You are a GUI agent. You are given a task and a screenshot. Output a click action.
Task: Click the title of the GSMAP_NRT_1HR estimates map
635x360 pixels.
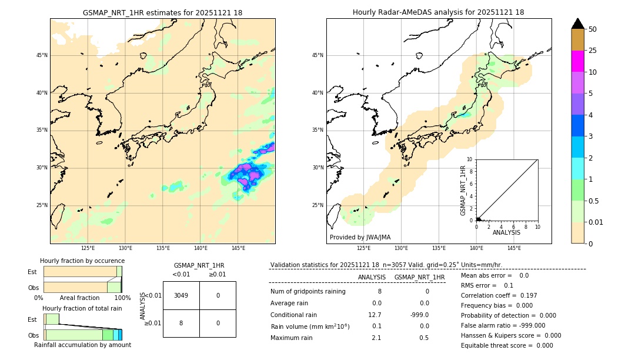click(162, 12)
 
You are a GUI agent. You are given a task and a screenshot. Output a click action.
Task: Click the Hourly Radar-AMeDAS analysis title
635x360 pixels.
click(438, 12)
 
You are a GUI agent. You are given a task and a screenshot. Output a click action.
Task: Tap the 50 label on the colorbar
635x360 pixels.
click(593, 29)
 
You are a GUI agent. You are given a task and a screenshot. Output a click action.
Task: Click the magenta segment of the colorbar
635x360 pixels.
click(577, 61)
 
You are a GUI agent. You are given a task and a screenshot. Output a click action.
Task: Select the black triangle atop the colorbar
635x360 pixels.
click(577, 24)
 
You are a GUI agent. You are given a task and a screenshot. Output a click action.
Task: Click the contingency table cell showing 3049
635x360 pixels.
click(181, 295)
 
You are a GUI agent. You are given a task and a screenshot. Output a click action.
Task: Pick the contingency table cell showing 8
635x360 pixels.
click(181, 323)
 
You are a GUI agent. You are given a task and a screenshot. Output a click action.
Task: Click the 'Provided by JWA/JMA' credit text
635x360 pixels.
click(360, 237)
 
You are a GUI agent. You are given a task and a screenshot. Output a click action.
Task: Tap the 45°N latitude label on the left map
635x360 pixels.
click(42, 55)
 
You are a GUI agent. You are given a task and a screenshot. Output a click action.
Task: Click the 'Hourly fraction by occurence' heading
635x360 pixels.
click(82, 261)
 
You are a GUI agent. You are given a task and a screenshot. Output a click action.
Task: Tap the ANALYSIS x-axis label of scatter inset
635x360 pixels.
click(506, 232)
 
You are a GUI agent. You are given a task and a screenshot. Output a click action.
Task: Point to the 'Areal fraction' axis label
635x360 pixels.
click(79, 298)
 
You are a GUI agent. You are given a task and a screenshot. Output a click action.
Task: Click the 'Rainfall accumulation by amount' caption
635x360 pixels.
click(82, 345)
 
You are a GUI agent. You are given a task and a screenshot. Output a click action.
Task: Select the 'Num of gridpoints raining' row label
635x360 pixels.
click(308, 291)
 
